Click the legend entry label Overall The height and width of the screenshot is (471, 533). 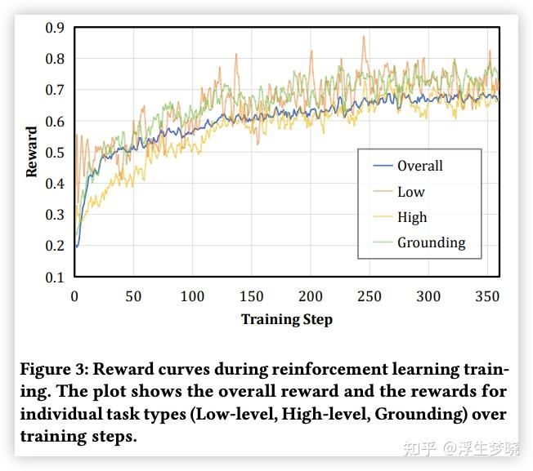tap(419, 166)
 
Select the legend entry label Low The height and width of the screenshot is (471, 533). tap(410, 192)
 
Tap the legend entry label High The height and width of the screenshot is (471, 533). tap(412, 217)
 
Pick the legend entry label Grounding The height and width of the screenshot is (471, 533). tap(431, 242)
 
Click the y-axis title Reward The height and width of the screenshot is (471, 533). tap(32, 152)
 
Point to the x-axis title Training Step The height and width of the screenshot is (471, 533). tap(286, 319)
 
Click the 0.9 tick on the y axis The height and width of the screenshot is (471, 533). tap(55, 28)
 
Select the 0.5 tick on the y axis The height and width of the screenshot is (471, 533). tap(55, 153)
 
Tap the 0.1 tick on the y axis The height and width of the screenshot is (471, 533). tap(55, 278)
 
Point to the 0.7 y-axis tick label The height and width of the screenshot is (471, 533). tap(55, 90)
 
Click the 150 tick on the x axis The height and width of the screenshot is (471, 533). tap(251, 295)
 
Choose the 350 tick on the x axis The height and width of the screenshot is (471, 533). tap(487, 295)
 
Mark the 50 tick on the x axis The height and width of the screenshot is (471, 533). tap(133, 295)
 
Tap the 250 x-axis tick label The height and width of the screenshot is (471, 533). tap(370, 295)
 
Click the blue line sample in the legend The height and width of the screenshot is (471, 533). tap(383, 167)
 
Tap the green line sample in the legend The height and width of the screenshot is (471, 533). tap(383, 243)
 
